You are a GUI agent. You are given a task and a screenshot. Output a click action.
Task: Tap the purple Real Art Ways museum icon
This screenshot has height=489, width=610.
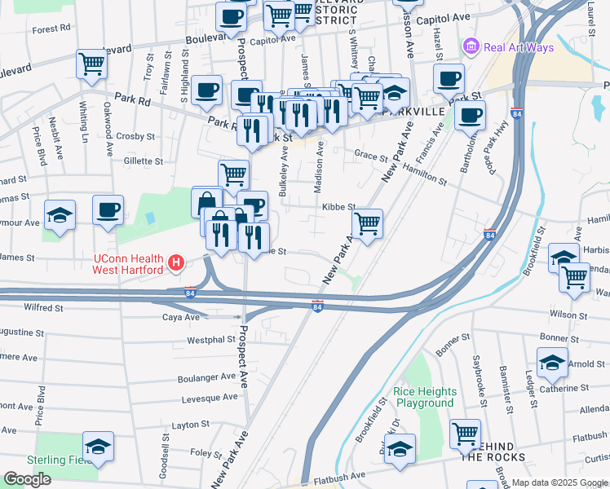pyautogui.click(x=471, y=47)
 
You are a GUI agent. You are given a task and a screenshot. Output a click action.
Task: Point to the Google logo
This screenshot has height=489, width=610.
pyautogui.click(x=27, y=479)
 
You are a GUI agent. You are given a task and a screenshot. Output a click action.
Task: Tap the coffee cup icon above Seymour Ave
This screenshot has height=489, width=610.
pyautogui.click(x=108, y=210)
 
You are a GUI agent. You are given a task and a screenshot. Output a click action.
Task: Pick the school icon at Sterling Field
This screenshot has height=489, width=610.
pyautogui.click(x=98, y=447)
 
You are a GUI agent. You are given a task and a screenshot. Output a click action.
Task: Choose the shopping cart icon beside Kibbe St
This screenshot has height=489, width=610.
pyautogui.click(x=368, y=222)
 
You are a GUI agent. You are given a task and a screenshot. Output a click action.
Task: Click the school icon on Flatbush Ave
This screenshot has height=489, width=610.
pyautogui.click(x=400, y=449)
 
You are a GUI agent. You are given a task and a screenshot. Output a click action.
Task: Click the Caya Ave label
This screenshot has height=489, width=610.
pyautogui.click(x=180, y=317)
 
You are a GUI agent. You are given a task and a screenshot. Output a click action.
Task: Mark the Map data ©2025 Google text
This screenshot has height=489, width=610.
pyautogui.click(x=559, y=482)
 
